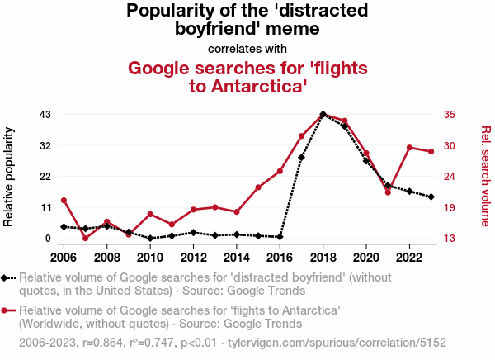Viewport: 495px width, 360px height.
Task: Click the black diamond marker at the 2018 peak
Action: pos(323,115)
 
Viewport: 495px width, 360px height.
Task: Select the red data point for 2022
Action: pos(409,147)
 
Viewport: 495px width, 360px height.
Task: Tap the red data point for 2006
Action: pos(64,200)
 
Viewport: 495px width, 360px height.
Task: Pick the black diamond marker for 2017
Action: pos(301,158)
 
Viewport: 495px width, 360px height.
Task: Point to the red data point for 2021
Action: pos(388,192)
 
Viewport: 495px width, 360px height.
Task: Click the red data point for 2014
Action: pos(237,212)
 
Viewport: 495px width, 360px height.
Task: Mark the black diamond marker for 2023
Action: pos(431,197)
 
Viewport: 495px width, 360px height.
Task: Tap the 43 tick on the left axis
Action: pos(45,114)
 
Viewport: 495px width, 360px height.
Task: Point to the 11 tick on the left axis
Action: pos(45,207)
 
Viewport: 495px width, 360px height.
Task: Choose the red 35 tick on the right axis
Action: pos(450,114)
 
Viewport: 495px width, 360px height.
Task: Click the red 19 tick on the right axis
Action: pos(450,207)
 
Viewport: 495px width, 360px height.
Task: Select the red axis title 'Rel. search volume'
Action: pos(485,176)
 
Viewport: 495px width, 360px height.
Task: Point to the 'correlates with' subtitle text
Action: pos(247,48)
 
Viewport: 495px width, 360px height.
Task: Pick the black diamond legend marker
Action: pos(7,278)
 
